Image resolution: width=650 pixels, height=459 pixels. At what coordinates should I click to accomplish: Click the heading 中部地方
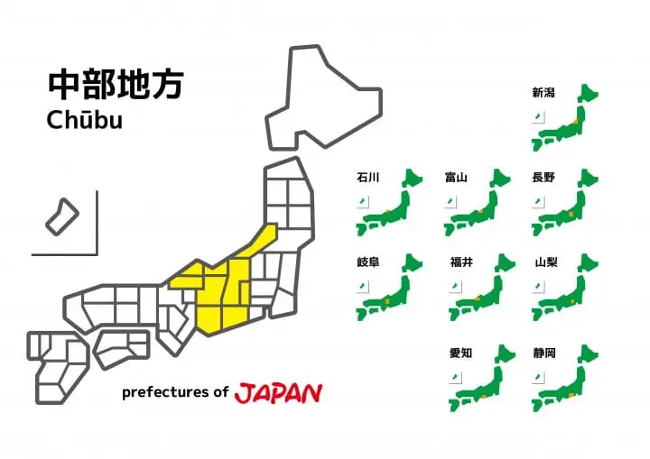pyautogui.click(x=116, y=84)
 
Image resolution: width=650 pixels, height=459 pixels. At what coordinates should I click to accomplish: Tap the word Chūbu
pyautogui.click(x=84, y=119)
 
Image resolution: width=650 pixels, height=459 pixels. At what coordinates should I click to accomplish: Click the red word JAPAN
pyautogui.click(x=278, y=393)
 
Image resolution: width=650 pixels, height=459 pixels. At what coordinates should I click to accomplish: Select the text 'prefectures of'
pyautogui.click(x=175, y=393)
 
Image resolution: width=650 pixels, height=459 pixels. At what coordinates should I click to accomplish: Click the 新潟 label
pyautogui.click(x=543, y=92)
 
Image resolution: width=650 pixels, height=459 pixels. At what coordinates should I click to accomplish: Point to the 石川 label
pyautogui.click(x=368, y=178)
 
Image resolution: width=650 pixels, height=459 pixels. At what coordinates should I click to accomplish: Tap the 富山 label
pyautogui.click(x=456, y=178)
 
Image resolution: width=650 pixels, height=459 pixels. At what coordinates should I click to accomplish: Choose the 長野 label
pyautogui.click(x=543, y=178)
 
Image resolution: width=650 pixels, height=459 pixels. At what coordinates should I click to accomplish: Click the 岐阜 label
pyautogui.click(x=368, y=263)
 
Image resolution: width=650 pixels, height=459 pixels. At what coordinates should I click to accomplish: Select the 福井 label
pyautogui.click(x=461, y=263)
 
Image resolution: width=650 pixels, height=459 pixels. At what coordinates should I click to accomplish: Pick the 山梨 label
pyautogui.click(x=546, y=263)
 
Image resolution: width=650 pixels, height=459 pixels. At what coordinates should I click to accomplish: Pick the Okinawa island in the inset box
pyautogui.click(x=63, y=216)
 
